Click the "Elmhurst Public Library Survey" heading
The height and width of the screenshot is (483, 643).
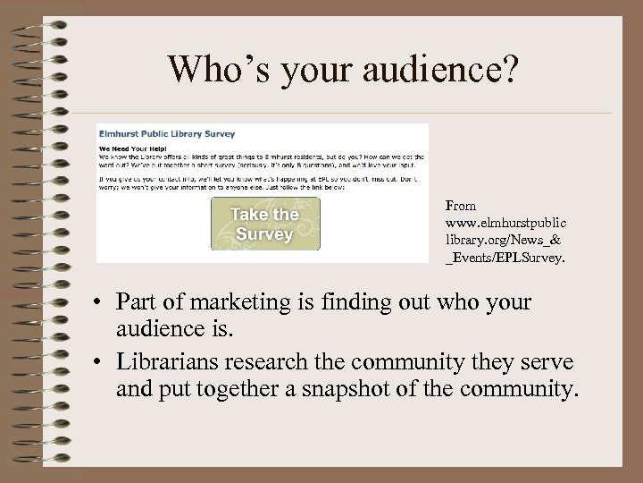point(167,134)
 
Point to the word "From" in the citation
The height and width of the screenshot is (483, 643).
point(460,206)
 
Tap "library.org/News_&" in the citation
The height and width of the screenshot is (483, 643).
point(496,238)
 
